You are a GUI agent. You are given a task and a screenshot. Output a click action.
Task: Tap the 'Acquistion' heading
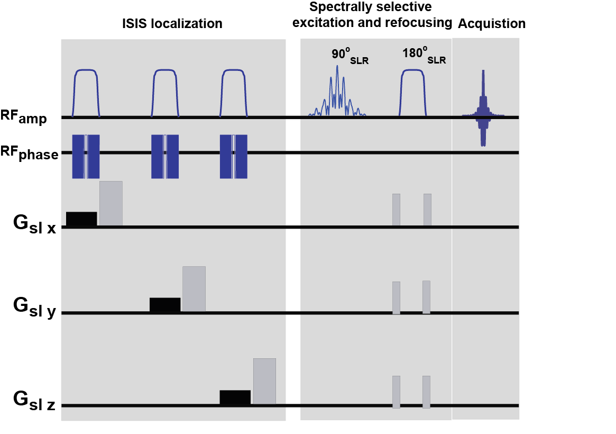click(x=492, y=24)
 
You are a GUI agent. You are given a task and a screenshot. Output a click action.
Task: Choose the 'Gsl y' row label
click(x=34, y=310)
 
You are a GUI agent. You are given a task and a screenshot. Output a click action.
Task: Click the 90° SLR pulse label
click(x=349, y=56)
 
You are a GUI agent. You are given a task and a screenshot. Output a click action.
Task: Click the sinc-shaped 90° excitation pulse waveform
click(x=337, y=93)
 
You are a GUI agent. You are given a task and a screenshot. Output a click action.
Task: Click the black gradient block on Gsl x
click(x=81, y=219)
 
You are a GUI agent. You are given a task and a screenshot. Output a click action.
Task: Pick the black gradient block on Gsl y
click(x=165, y=304)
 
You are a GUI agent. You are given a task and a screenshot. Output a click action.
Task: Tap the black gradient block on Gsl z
click(x=235, y=397)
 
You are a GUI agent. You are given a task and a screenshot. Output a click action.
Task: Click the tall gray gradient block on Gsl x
click(x=111, y=203)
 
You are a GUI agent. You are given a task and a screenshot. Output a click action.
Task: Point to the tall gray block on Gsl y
click(x=194, y=288)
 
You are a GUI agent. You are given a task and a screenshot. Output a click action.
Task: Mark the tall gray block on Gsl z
click(x=264, y=381)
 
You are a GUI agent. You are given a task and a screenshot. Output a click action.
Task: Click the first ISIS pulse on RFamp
click(x=86, y=93)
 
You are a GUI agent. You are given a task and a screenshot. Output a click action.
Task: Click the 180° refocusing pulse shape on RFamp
click(x=413, y=93)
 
